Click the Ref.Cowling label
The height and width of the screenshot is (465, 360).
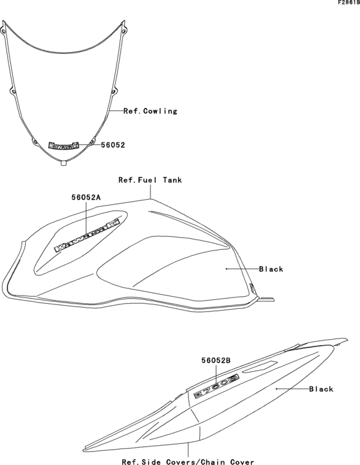tap(150, 111)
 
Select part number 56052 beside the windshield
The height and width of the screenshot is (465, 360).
tap(113, 145)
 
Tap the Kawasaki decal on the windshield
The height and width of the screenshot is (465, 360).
tap(64, 145)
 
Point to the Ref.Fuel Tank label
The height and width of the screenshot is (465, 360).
tap(150, 180)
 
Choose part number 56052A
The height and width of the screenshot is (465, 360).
tap(86, 198)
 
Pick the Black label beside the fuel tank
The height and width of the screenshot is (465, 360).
tap(271, 269)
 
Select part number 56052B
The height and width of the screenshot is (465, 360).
tap(216, 360)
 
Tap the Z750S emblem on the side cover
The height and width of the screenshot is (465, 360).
tap(217, 386)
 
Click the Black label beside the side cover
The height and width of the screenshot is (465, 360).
tap(321, 389)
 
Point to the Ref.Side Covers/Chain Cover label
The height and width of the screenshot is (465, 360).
tap(188, 461)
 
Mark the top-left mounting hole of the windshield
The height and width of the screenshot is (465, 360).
tap(3, 31)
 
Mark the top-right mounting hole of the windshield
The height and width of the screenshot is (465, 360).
tap(123, 30)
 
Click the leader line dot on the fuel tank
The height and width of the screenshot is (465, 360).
tap(226, 269)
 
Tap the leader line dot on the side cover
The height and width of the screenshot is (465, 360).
tap(276, 389)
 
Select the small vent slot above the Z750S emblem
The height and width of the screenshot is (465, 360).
tap(260, 366)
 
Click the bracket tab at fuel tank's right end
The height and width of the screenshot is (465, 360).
tap(266, 299)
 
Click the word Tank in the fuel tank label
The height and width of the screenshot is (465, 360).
tap(172, 180)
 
